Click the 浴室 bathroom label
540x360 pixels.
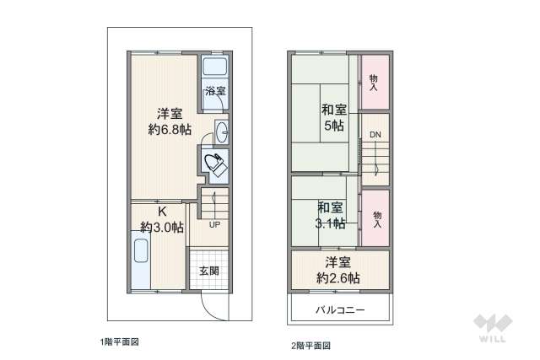point(214,90)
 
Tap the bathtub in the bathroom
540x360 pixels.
point(214,68)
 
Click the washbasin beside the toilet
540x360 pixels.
point(221,132)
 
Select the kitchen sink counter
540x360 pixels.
point(141,262)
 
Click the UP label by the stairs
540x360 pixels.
point(214,225)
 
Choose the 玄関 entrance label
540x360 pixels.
point(209,271)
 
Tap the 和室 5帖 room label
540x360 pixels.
point(332,116)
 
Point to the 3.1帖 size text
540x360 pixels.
point(331,223)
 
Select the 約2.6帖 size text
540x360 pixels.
point(340,277)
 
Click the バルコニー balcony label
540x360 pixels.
point(340,309)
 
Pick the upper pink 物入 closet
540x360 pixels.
point(374,81)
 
